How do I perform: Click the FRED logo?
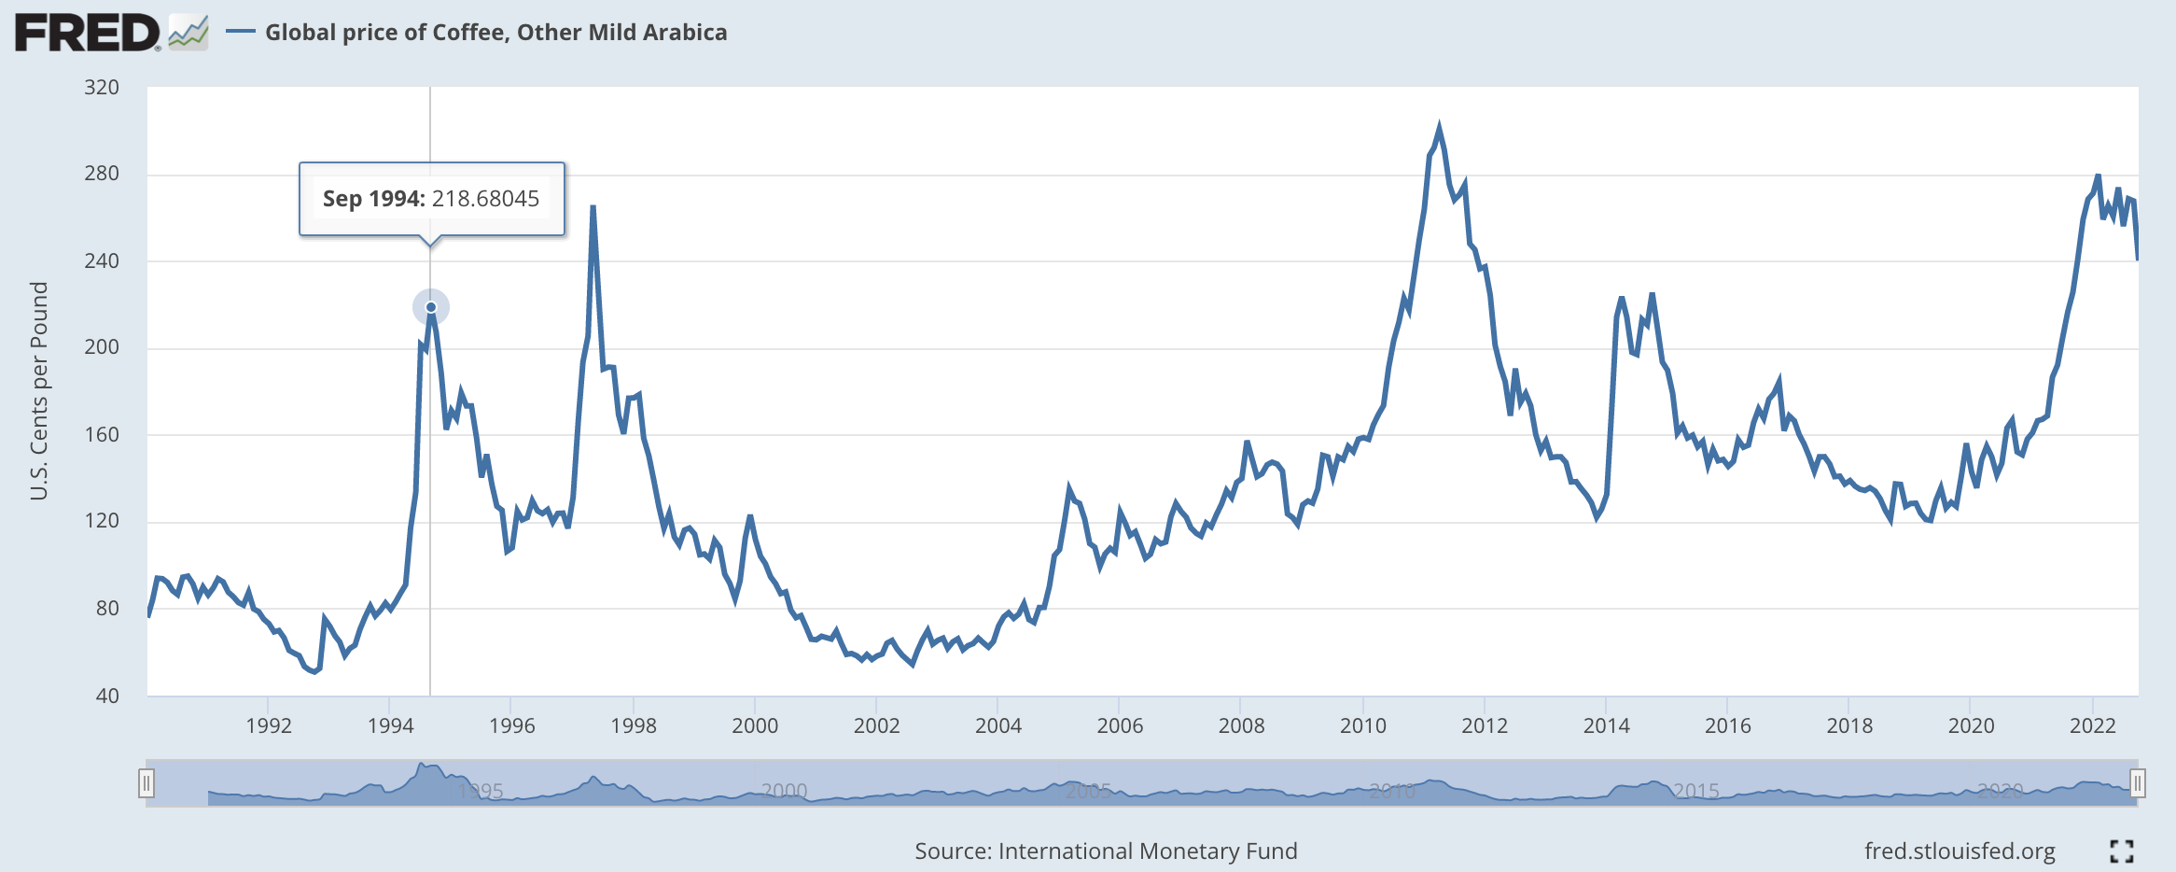(88, 33)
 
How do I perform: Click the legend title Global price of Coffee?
(495, 33)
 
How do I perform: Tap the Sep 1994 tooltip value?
(431, 199)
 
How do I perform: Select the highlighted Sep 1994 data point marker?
(431, 307)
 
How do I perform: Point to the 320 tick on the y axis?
(102, 88)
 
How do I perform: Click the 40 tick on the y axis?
(107, 696)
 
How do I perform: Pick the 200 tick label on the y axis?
(102, 347)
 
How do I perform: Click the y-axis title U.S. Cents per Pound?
(39, 390)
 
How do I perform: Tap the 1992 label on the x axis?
(269, 725)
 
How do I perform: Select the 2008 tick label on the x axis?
(1241, 725)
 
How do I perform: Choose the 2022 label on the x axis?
(2092, 725)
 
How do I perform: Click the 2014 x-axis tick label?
(1606, 725)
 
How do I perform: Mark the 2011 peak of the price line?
(1439, 127)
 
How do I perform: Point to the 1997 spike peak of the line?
(593, 207)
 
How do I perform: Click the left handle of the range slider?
(146, 782)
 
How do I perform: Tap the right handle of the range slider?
(2137, 782)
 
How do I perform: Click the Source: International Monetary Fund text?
(1106, 851)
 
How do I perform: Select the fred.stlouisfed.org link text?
(1960, 851)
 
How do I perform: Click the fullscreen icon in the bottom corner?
(2122, 851)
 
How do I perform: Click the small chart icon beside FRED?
(188, 33)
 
